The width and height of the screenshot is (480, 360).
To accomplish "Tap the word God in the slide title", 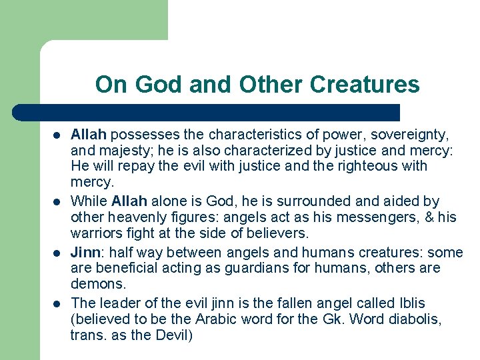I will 157,85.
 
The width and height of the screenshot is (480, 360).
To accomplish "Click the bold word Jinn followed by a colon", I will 85,253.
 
